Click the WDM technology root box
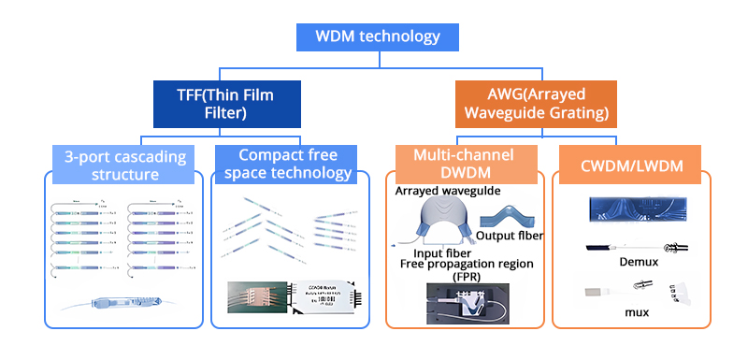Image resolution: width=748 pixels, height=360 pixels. (378, 37)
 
